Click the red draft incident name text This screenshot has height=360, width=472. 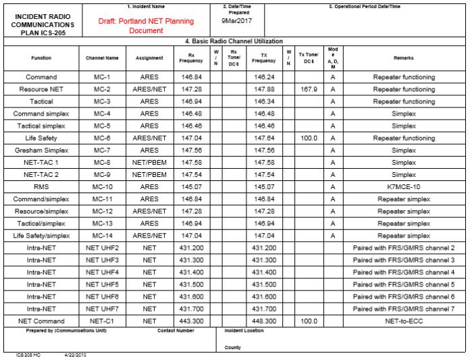[x=146, y=26]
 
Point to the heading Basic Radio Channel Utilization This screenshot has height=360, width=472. [x=234, y=41]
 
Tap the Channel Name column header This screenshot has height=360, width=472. [x=102, y=58]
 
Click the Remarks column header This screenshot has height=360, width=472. [x=403, y=58]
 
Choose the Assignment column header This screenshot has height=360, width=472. [x=149, y=58]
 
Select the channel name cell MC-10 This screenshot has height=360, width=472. [x=102, y=187]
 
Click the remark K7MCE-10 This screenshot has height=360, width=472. [x=404, y=187]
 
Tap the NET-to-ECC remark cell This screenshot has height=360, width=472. [x=404, y=321]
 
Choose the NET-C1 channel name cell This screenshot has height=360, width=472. [x=102, y=321]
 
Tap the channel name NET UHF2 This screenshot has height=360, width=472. [x=102, y=248]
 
